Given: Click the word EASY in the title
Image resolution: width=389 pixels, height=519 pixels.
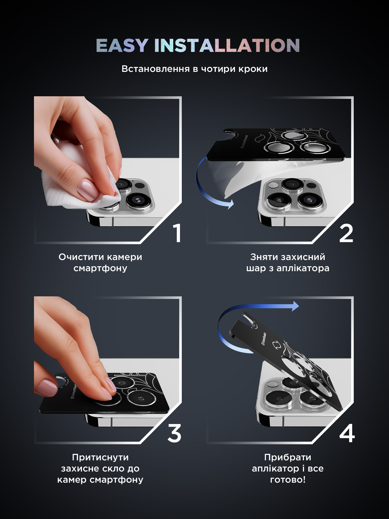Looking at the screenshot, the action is click(x=122, y=45).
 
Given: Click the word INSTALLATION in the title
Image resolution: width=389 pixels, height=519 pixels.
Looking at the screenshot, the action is click(x=227, y=45).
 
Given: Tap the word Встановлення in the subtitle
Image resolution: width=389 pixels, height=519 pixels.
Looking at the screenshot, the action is click(x=156, y=69).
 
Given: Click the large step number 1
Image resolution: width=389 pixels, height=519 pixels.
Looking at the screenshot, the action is click(x=177, y=233).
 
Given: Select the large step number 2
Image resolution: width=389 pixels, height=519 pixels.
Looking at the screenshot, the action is click(x=346, y=233).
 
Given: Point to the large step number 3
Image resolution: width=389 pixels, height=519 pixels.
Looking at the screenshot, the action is click(x=174, y=433).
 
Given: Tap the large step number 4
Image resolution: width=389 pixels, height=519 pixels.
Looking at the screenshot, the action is click(x=347, y=433).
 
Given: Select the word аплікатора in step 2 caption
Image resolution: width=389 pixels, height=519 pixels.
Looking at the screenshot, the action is click(x=303, y=268).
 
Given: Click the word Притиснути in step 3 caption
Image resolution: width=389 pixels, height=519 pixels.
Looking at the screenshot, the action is click(x=100, y=457).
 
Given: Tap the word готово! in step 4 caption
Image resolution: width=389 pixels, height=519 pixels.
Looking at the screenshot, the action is click(x=288, y=480).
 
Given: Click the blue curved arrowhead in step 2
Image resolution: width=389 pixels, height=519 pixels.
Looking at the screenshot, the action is click(x=230, y=204).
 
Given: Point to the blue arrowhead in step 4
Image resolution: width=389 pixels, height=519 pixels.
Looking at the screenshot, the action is click(x=295, y=306).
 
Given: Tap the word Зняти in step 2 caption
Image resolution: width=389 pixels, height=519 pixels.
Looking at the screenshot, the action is click(x=261, y=257).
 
